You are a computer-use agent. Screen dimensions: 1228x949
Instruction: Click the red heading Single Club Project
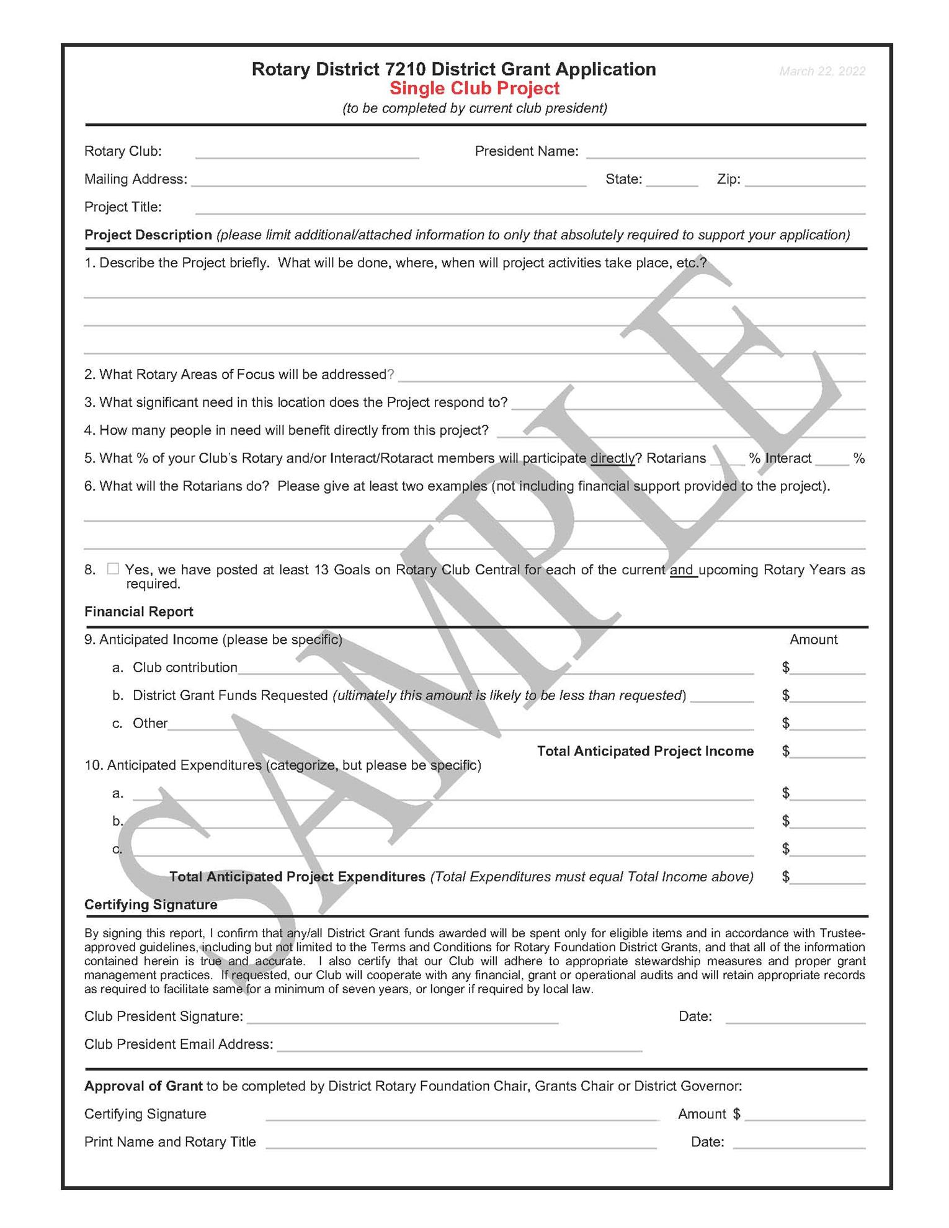pyautogui.click(x=474, y=89)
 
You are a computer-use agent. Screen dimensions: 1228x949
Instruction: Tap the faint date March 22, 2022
pyautogui.click(x=822, y=71)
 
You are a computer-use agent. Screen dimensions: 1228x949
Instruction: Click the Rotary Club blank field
pyautogui.click(x=307, y=153)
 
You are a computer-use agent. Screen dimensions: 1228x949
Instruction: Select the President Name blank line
pyautogui.click(x=726, y=153)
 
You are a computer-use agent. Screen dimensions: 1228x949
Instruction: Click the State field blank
pyautogui.click(x=672, y=180)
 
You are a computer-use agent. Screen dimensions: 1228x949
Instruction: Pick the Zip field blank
pyautogui.click(x=805, y=180)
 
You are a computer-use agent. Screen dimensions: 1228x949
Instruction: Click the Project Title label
pyautogui.click(x=123, y=207)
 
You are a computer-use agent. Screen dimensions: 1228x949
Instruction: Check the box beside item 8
pyautogui.click(x=113, y=569)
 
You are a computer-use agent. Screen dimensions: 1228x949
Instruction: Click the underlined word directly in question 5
pyautogui.click(x=612, y=458)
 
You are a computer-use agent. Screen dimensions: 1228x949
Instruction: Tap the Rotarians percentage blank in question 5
pyautogui.click(x=728, y=460)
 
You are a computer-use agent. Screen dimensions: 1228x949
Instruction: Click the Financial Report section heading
pyautogui.click(x=139, y=612)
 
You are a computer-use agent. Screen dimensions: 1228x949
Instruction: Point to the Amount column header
pyautogui.click(x=813, y=639)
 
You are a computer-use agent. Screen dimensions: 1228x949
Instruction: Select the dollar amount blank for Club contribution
pyautogui.click(x=828, y=669)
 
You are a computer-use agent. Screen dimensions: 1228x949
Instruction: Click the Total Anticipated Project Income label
pyautogui.click(x=645, y=751)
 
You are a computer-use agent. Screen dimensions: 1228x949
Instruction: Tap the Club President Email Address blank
pyautogui.click(x=459, y=1045)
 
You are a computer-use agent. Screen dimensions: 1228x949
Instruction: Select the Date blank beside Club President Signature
pyautogui.click(x=795, y=1017)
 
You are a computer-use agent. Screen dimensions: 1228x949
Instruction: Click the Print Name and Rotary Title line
pyautogui.click(x=461, y=1142)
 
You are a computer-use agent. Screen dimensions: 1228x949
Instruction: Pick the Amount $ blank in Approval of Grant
pyautogui.click(x=804, y=1115)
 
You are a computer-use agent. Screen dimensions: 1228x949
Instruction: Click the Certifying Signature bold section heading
pyautogui.click(x=151, y=905)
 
